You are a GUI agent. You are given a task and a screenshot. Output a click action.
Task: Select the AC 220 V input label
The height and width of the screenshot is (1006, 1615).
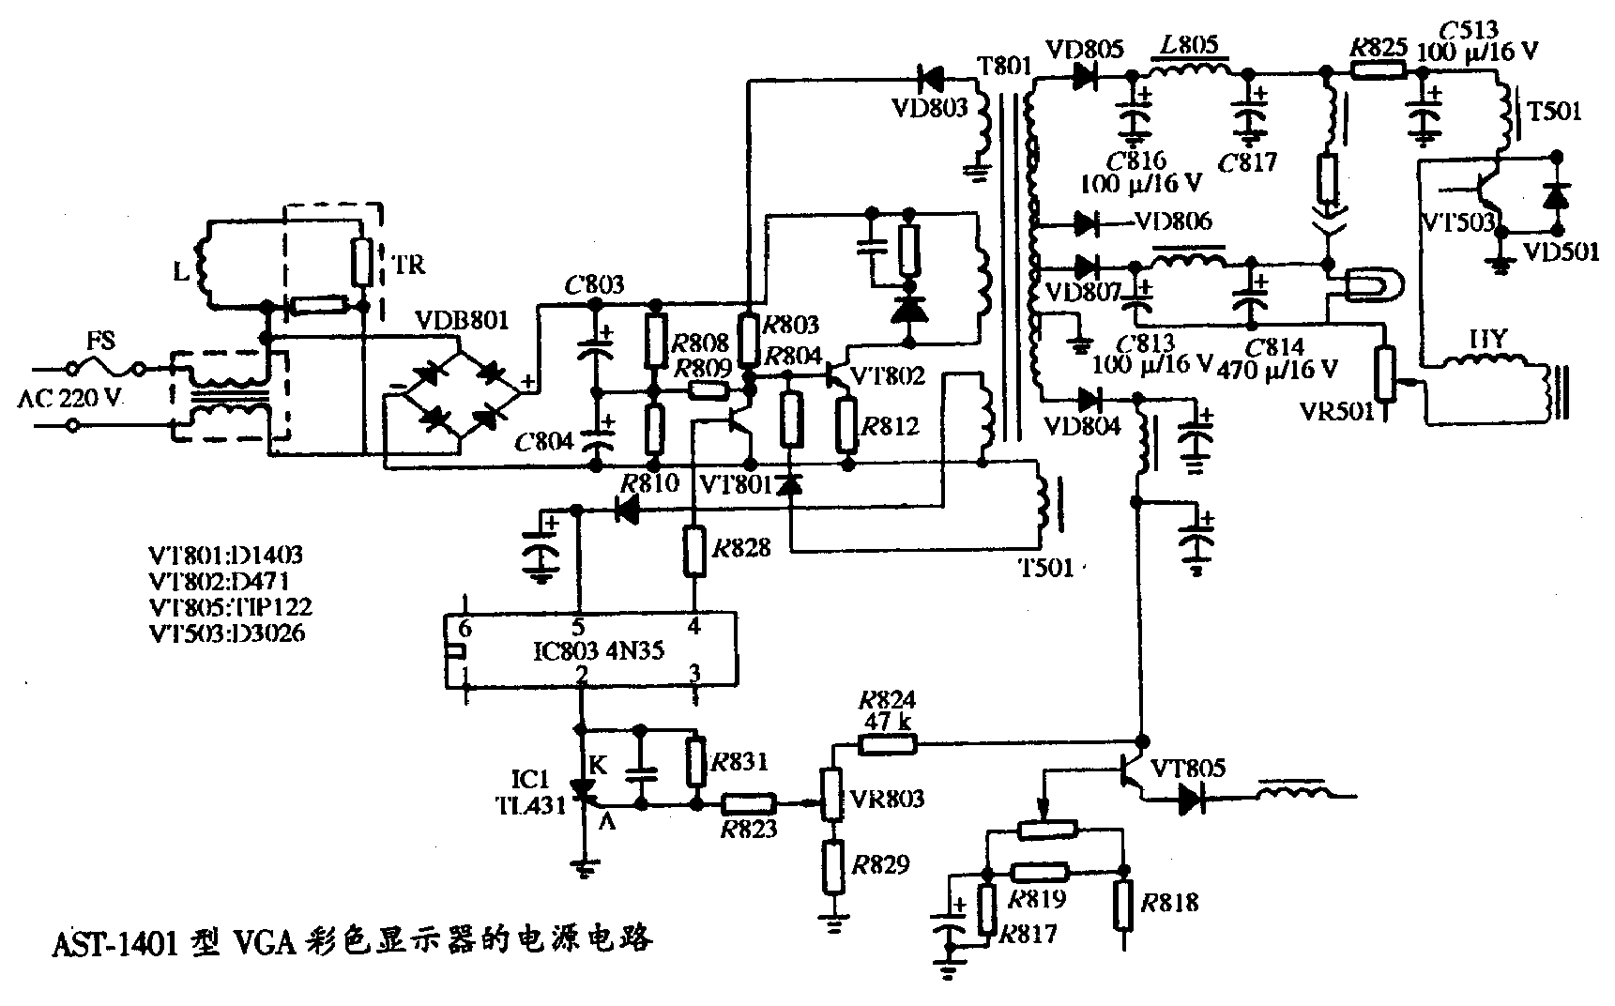70,398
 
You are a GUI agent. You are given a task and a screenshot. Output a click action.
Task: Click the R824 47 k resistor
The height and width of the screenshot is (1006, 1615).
887,744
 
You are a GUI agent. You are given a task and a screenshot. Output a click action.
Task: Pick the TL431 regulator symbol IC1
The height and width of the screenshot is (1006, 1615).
583,794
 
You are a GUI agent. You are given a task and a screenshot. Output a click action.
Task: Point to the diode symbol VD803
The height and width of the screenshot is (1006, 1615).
933,74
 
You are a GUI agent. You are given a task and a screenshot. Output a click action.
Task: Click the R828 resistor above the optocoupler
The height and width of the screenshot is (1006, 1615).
694,551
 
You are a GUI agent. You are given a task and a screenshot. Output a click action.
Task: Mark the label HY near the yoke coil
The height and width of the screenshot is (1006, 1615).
1486,340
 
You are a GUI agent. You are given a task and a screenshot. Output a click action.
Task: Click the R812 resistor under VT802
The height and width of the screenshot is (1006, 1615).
846,424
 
